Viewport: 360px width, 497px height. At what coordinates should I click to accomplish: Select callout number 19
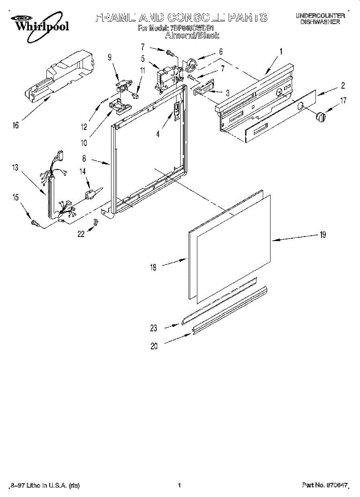[322, 235]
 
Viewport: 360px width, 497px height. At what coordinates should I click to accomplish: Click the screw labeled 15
[34, 223]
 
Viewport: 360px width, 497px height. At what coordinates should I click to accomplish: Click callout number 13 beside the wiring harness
[15, 167]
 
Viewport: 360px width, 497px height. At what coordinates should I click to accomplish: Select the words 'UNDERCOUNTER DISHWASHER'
[320, 19]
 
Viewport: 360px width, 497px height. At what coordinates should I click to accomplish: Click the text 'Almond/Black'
[192, 36]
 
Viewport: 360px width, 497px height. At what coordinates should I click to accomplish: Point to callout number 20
[154, 346]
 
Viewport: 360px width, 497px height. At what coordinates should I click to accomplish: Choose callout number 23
[154, 328]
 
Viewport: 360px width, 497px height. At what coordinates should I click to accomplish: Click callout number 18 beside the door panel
[153, 268]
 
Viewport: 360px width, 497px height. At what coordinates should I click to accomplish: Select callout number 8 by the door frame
[84, 158]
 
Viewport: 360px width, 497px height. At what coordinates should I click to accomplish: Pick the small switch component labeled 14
[91, 193]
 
